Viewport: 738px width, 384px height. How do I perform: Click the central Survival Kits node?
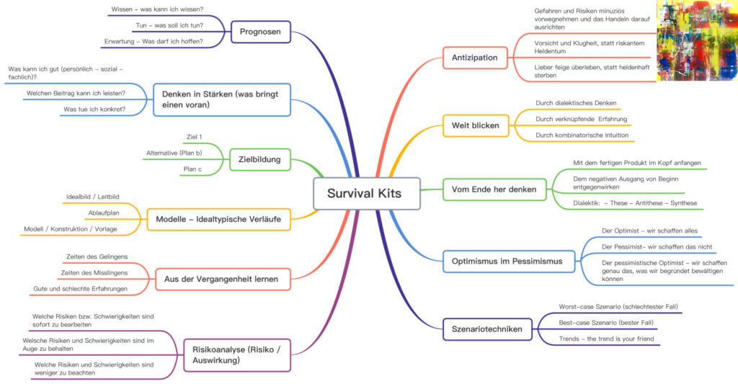367,193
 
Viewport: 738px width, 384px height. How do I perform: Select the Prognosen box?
261,32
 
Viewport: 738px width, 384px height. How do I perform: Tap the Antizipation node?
475,58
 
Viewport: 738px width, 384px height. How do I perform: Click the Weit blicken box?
476,125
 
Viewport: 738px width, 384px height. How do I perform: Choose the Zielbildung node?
259,159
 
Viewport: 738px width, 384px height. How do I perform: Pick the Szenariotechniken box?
487,329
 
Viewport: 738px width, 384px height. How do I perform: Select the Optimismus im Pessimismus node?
509,262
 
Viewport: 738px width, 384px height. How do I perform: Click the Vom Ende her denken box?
494,189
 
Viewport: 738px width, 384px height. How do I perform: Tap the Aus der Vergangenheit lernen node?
223,279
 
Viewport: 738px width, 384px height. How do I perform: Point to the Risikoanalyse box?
236,355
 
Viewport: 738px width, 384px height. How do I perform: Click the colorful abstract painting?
697,40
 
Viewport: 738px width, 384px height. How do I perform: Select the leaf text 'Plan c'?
192,169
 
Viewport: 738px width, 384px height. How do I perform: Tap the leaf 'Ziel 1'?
195,137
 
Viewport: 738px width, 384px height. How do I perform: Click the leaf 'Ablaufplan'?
104,213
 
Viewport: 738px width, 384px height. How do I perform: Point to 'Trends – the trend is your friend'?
606,339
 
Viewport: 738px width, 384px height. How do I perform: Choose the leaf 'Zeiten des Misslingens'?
94,272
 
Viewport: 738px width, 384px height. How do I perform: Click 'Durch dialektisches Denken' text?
576,103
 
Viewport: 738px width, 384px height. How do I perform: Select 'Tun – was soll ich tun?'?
169,25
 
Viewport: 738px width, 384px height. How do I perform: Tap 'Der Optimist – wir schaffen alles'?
649,231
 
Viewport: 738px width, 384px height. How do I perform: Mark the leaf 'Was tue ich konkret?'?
94,110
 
